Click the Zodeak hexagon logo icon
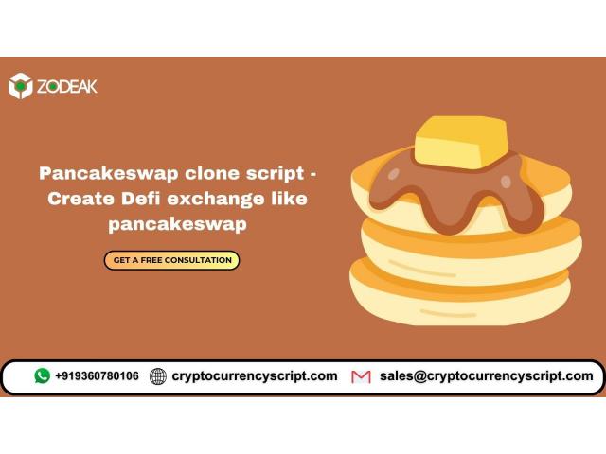coord(21,86)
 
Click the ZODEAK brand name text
coord(67,86)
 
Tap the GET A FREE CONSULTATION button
coord(171,260)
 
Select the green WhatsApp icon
coord(42,375)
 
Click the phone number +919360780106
coord(97,375)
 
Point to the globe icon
coord(158,376)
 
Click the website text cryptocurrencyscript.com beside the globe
coord(255,376)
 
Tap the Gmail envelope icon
coord(361,376)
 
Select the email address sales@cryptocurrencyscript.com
coord(486,376)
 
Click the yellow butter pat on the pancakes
coord(461,142)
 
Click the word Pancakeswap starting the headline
coord(109,173)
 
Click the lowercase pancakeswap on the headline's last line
coord(177,225)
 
